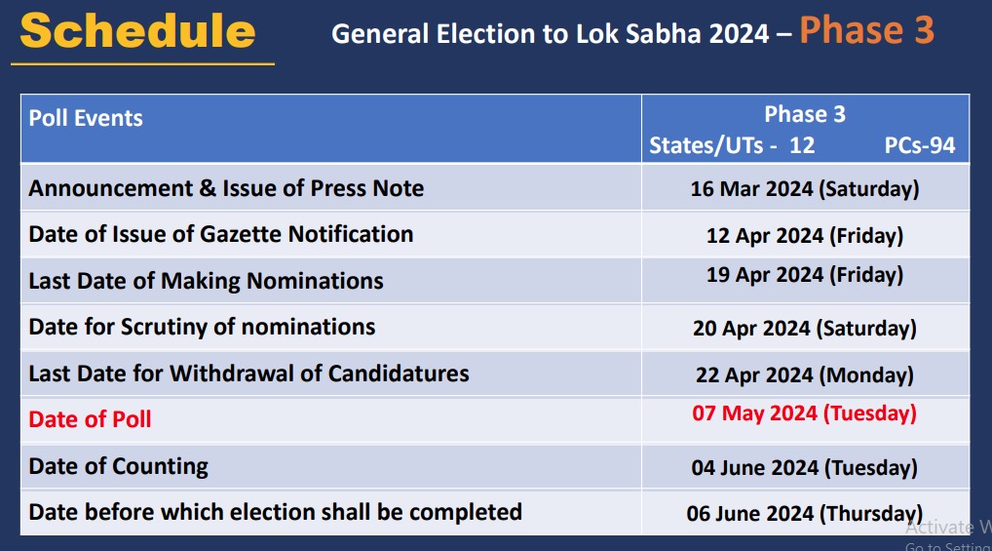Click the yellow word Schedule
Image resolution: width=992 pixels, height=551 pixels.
tap(138, 31)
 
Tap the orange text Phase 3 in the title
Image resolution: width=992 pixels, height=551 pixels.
tap(866, 30)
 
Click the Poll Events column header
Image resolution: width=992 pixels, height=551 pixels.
tap(86, 118)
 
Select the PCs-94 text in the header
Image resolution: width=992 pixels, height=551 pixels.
tap(919, 145)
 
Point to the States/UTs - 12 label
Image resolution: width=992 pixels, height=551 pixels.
tap(732, 145)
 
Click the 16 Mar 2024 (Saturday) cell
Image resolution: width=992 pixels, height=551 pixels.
tap(805, 189)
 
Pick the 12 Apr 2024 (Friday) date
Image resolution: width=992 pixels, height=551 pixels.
tap(805, 236)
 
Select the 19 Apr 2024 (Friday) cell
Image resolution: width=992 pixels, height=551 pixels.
tap(805, 275)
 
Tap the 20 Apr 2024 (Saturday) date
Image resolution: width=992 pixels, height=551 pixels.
tap(805, 328)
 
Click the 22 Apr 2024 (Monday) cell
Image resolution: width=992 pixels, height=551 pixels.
tap(805, 374)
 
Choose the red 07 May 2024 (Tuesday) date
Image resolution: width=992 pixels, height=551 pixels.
tap(805, 413)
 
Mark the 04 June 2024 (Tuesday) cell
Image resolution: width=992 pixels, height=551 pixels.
tap(805, 468)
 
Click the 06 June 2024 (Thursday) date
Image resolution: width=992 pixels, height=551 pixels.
tap(805, 513)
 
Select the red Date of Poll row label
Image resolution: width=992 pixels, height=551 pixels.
tap(90, 419)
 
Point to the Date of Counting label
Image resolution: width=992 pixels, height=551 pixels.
tap(118, 467)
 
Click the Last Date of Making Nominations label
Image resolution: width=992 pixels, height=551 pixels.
tap(207, 281)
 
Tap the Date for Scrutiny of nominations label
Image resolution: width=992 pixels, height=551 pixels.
tap(202, 327)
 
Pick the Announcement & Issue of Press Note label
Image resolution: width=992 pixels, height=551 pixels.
tap(226, 188)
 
